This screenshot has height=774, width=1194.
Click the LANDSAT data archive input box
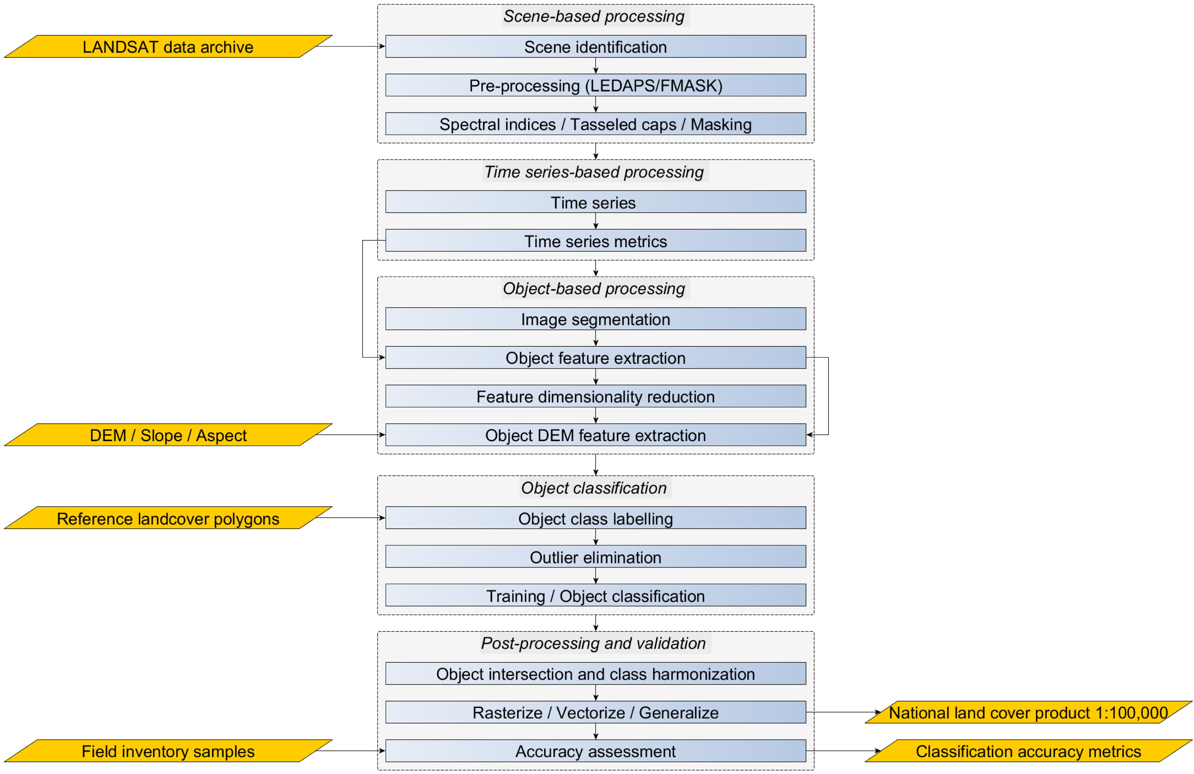tap(168, 47)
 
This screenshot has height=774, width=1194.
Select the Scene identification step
tap(596, 47)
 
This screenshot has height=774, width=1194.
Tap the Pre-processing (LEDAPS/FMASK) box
tap(596, 85)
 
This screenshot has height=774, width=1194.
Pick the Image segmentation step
tap(596, 319)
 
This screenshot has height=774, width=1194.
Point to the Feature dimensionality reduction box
tap(596, 397)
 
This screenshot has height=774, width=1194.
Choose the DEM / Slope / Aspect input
tap(168, 435)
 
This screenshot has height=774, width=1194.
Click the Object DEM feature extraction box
tap(596, 435)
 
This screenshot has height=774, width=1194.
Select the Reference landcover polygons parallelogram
tap(168, 518)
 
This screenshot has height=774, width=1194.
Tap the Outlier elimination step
tap(596, 557)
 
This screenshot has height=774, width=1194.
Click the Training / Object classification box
tap(596, 596)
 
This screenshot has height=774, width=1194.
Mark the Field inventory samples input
tap(168, 751)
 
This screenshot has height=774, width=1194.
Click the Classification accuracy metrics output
tap(1028, 751)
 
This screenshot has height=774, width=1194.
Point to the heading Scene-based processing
tap(594, 16)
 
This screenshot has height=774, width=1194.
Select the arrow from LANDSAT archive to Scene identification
tap(351, 46)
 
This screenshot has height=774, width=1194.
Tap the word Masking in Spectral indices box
tap(721, 125)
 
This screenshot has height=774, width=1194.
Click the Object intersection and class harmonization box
tap(596, 674)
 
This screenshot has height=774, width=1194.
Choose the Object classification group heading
tap(594, 488)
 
